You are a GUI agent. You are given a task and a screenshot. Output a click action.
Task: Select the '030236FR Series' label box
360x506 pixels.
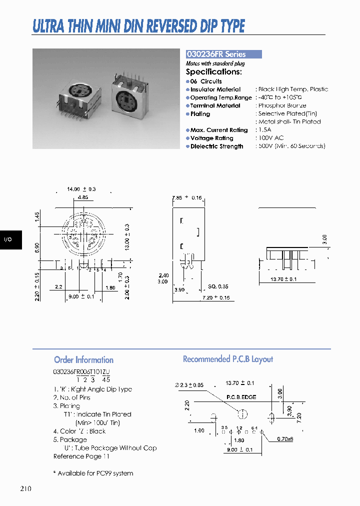223,54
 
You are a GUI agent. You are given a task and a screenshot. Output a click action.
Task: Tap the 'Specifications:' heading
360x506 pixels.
213,71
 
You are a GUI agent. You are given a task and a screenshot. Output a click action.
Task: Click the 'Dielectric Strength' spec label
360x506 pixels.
216,146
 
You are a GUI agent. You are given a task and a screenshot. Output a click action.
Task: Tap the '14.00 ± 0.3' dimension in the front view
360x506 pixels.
81,189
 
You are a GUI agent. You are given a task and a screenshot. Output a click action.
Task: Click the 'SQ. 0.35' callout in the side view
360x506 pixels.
218,286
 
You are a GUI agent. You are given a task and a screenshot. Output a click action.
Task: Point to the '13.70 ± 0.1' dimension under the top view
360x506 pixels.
283,279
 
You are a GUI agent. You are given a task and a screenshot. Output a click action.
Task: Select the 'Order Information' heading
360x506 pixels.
83,359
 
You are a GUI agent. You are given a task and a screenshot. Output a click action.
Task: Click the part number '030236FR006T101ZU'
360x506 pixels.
81,372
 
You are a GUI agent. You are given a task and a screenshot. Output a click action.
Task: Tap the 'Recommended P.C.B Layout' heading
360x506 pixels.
227,359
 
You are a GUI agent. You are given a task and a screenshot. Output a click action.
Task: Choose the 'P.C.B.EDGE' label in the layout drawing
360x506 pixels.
241,397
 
